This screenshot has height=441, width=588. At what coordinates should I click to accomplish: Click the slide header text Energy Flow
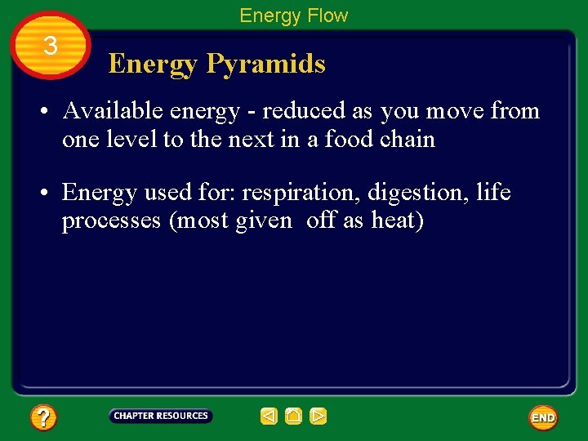293,16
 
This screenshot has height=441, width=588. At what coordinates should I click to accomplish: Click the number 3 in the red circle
51,47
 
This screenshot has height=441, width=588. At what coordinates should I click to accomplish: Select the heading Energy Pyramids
216,64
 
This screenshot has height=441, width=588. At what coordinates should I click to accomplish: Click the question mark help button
43,418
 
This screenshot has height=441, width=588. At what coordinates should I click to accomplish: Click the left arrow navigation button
269,416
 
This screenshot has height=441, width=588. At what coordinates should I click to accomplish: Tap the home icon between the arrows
293,416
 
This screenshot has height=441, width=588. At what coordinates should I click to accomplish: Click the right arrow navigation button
318,416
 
